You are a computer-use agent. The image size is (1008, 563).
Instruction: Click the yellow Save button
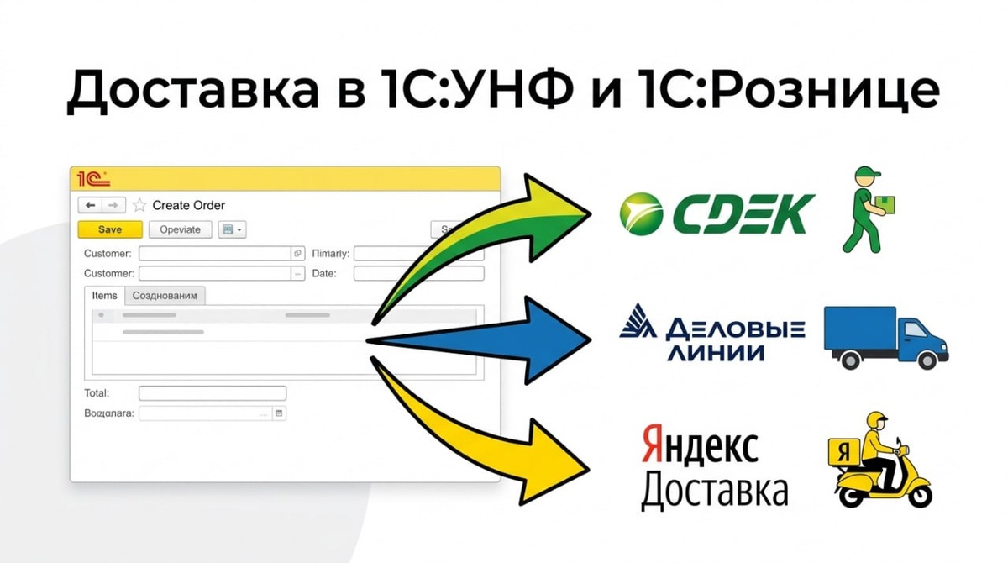110,229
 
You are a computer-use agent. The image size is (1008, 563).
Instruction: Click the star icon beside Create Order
139,205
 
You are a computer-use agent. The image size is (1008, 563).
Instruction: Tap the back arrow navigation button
90,205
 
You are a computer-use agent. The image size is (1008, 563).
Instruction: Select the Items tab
105,296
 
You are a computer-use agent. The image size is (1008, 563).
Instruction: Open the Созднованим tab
165,296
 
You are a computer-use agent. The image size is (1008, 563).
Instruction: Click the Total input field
212,393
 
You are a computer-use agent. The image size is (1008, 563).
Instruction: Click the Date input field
418,273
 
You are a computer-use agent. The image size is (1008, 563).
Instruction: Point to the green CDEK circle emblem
641,213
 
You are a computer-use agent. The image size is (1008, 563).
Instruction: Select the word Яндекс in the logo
699,446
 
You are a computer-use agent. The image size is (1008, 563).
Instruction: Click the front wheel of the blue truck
927,360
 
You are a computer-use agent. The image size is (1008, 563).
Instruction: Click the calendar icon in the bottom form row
280,413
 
